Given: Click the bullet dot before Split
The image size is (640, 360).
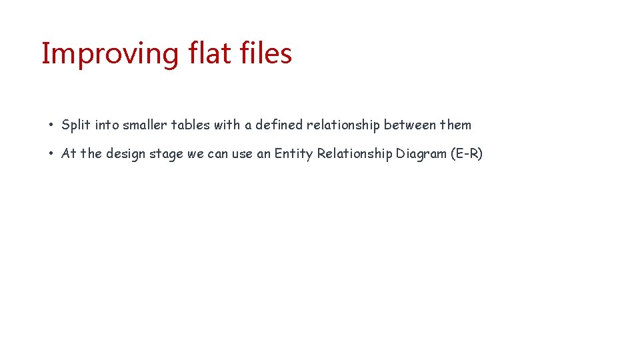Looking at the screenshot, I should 51,125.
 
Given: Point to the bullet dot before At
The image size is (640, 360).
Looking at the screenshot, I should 51,154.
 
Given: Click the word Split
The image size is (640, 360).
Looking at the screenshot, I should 77,125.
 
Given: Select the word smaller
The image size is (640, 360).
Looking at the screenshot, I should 145,125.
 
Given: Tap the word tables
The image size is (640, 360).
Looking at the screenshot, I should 191,125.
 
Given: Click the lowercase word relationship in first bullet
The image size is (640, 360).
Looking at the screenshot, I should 343,125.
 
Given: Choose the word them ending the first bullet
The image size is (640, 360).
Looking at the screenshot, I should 455,125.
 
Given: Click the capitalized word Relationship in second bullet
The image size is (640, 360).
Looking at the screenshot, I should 355,153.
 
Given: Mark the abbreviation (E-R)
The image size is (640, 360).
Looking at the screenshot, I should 467,153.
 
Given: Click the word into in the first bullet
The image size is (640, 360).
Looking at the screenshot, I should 107,125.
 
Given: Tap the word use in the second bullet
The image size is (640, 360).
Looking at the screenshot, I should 243,154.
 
